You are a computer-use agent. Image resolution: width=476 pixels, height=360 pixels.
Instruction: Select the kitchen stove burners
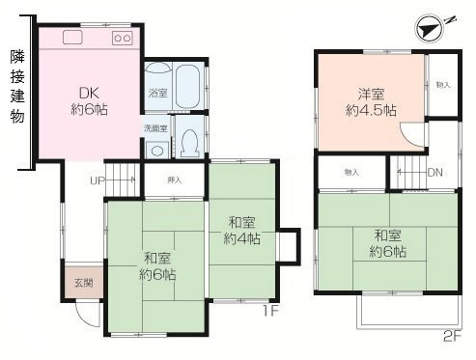point(122,39)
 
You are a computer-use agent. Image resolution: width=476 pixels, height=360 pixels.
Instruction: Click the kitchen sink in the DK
point(74,39)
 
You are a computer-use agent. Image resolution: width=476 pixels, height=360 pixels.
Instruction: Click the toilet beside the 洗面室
point(191,141)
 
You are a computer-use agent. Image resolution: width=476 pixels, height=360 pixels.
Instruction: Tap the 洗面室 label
point(156,127)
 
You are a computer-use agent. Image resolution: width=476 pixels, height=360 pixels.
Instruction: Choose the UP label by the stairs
point(98,180)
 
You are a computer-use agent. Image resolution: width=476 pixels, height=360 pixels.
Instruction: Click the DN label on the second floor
point(435,172)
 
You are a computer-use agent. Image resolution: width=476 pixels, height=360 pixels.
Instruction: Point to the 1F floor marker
point(273,312)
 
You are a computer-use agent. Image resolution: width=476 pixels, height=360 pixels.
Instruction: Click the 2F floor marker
point(453,337)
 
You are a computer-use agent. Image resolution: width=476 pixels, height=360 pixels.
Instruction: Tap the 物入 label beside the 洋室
point(442,85)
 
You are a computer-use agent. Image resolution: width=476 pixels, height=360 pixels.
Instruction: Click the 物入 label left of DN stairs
point(350,172)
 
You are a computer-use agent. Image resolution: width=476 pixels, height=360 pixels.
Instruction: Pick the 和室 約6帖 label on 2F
point(387,243)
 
